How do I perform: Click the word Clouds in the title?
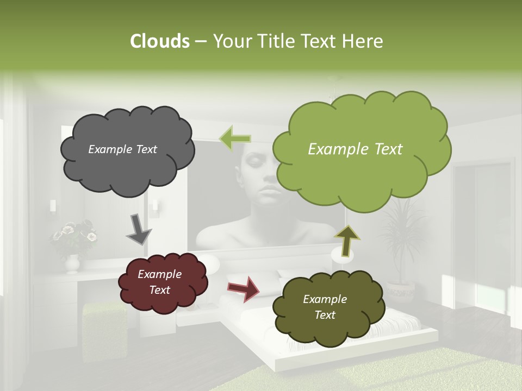[160, 41]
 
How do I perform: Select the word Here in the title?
[365, 41]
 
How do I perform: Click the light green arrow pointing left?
[235, 139]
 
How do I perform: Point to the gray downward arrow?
[139, 229]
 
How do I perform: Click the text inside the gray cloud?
[122, 149]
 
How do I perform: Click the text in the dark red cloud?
[160, 282]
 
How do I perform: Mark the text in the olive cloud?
[325, 307]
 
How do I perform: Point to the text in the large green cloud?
[355, 149]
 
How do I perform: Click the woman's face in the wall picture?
[258, 174]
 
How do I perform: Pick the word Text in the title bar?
[321, 41]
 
